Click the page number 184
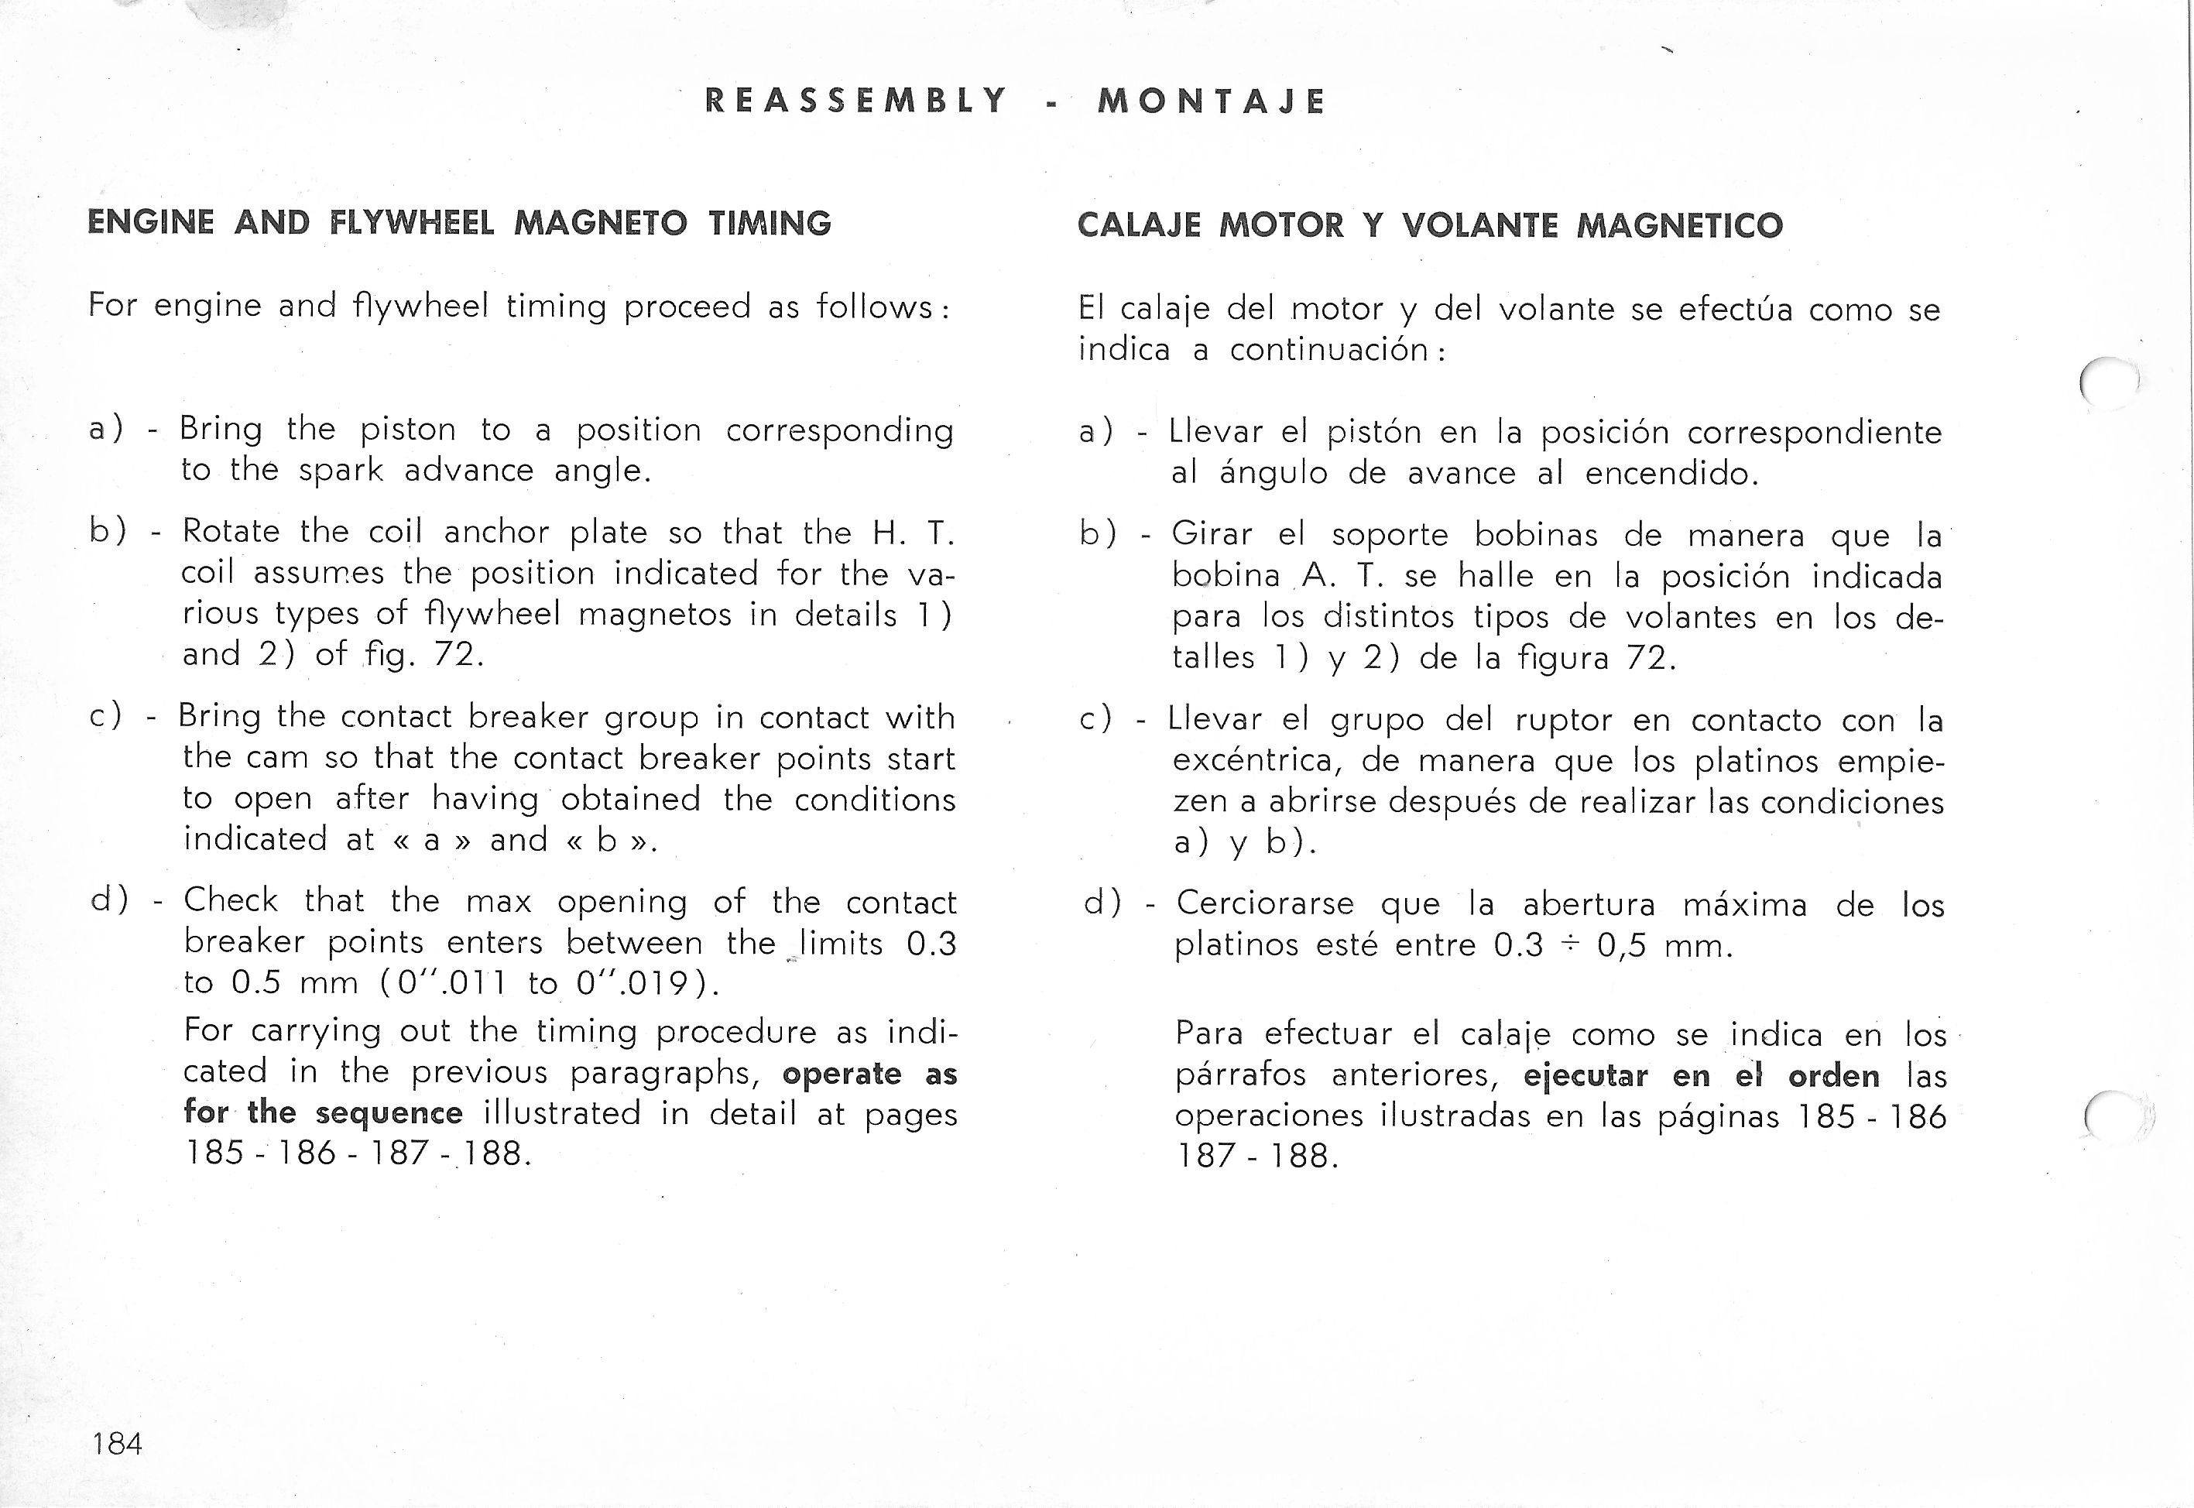click(117, 1444)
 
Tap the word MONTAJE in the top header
click(1212, 101)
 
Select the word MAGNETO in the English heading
click(600, 223)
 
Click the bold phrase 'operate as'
click(869, 1074)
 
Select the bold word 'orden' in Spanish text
click(1833, 1076)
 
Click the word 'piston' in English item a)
click(407, 430)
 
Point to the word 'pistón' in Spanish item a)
click(1373, 432)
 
